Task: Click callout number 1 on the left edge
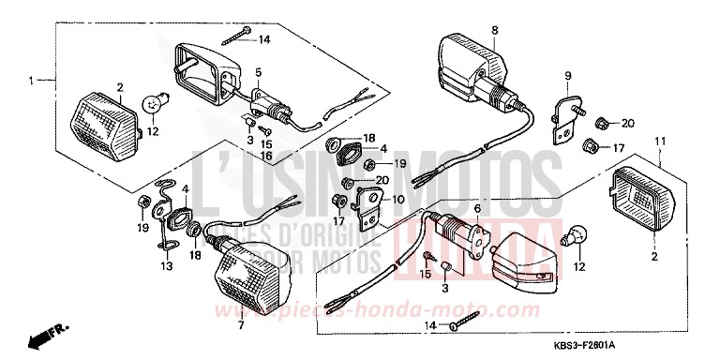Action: point(31,82)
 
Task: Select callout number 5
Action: point(258,72)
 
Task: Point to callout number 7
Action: point(242,325)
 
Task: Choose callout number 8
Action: point(494,30)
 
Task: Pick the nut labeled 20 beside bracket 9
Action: point(603,124)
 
